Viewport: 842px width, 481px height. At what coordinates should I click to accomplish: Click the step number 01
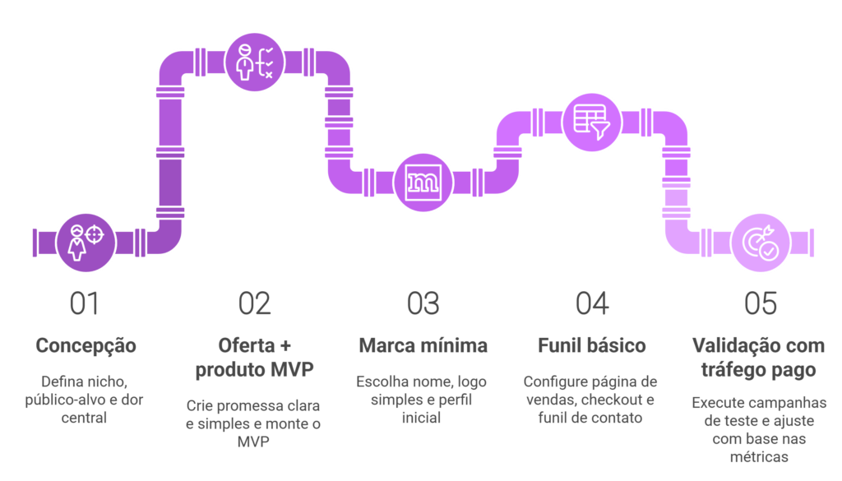tap(85, 304)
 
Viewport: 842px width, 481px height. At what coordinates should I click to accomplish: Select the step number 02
tap(254, 304)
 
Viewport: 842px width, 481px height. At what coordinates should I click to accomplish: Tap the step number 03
tap(423, 304)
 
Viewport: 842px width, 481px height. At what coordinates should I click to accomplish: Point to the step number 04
tap(592, 304)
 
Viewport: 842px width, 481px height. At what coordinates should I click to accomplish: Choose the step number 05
tap(761, 304)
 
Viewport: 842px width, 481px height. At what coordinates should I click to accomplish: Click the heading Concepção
tap(86, 345)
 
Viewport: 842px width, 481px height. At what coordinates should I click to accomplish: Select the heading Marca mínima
tap(423, 345)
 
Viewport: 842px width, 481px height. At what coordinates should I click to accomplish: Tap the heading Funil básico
tap(592, 345)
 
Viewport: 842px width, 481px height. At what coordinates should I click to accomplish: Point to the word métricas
tap(761, 456)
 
